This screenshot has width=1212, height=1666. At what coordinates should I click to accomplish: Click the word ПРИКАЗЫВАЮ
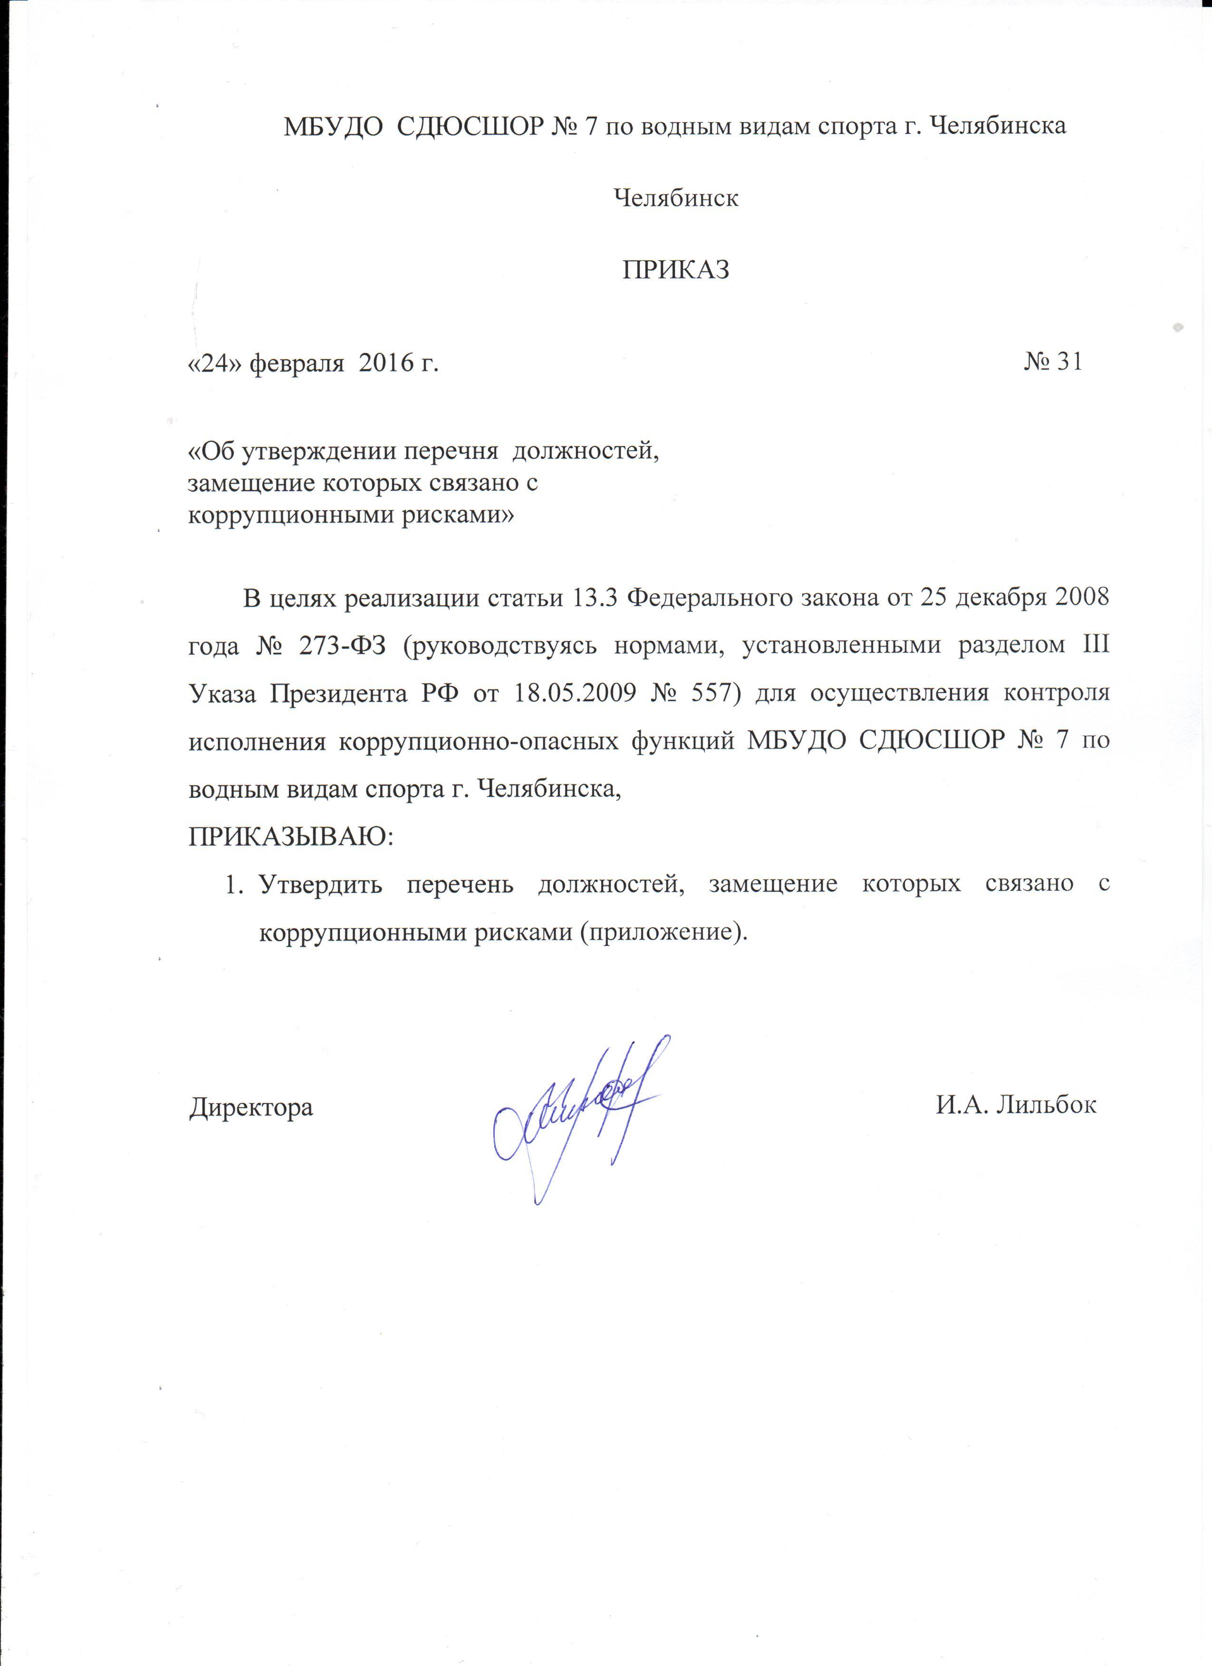[291, 837]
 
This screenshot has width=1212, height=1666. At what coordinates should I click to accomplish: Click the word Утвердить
[320, 885]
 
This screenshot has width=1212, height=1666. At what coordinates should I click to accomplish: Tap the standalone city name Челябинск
[675, 198]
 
